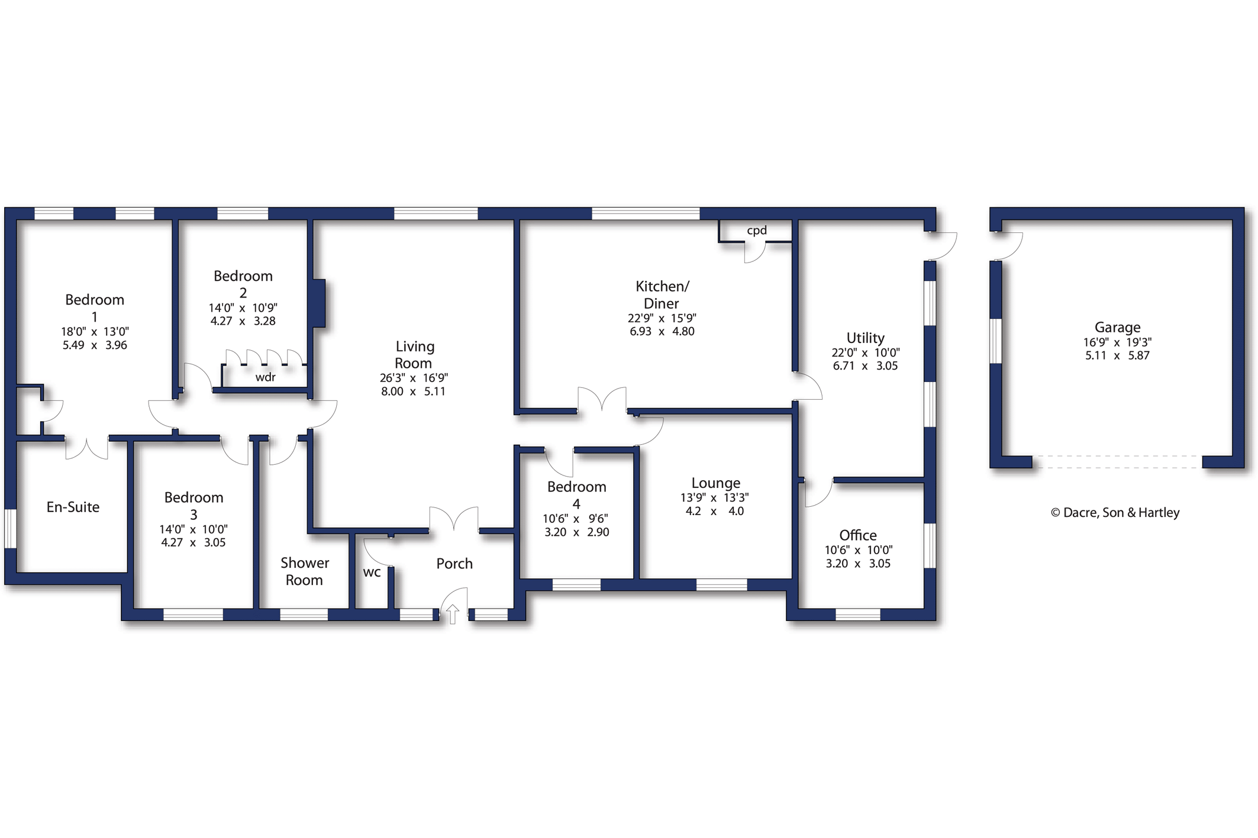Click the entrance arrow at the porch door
452,614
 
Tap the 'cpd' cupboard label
756,231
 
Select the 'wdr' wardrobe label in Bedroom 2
265,377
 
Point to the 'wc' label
372,572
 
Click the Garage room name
1117,327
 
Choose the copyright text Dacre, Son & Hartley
1115,513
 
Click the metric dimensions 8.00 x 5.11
413,392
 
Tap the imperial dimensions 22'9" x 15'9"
662,318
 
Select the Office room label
858,535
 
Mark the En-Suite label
73,507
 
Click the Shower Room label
304,571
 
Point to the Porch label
454,564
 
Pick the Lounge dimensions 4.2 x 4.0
715,512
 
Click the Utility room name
865,338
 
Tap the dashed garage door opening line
1117,462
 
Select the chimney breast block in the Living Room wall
319,303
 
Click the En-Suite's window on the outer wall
11,528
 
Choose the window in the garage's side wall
996,341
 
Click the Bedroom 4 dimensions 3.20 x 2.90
576,532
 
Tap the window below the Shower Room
304,614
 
